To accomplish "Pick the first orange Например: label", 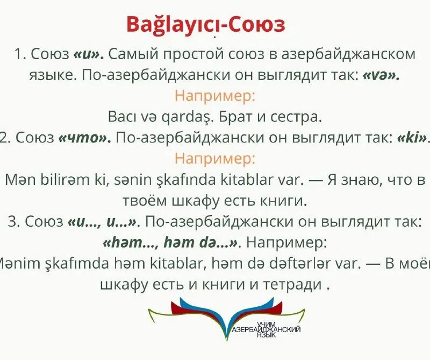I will click(x=215, y=96).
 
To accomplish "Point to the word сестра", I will click(x=294, y=116).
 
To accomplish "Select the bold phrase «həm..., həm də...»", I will click(x=170, y=242).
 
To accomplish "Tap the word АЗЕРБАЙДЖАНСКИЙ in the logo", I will click(x=265, y=328).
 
